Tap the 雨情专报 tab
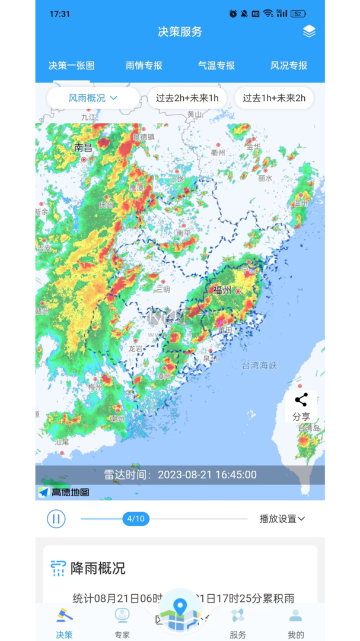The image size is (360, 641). [144, 66]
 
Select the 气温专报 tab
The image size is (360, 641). [216, 66]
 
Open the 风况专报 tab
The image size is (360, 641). [289, 66]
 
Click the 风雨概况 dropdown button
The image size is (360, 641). [93, 98]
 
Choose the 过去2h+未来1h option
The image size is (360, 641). [187, 98]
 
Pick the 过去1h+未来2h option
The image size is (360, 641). [274, 98]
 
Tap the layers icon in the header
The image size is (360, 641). [309, 31]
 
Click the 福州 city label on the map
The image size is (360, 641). [222, 290]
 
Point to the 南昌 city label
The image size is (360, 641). [84, 147]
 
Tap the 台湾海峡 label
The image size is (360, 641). [259, 366]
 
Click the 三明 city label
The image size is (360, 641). [162, 289]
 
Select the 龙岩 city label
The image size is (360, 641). [136, 348]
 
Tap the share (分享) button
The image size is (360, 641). [301, 406]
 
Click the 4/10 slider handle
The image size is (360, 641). [136, 519]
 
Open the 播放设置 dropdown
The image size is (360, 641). [282, 519]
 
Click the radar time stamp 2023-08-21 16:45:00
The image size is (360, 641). [207, 475]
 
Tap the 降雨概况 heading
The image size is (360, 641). [98, 568]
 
